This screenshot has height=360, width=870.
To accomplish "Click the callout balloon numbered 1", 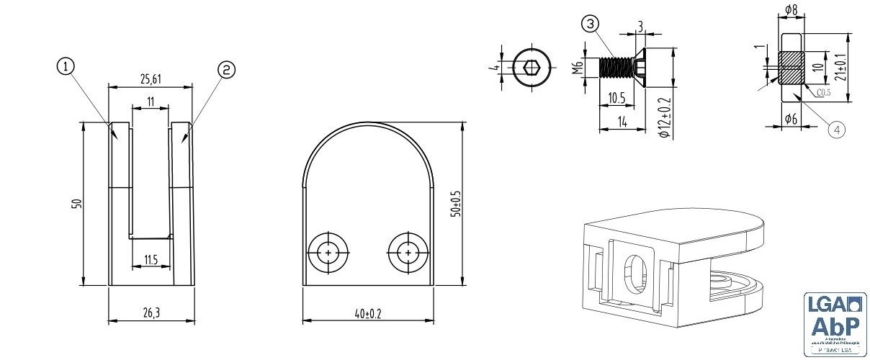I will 66,67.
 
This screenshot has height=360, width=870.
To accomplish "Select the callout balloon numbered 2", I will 225,69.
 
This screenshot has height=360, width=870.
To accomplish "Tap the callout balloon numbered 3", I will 590,24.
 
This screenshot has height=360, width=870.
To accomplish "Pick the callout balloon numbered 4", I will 836,129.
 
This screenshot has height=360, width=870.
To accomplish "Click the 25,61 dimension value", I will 150,78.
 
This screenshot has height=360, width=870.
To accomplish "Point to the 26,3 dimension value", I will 151,312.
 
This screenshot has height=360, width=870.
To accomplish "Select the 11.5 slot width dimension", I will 151,260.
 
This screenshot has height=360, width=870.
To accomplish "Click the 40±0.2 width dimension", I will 367,313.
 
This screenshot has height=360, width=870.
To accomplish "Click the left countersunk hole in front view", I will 328,253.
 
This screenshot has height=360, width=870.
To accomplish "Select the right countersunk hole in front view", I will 408,253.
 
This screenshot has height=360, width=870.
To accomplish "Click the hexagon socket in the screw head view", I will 532,68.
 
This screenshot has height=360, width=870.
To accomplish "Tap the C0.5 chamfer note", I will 825,93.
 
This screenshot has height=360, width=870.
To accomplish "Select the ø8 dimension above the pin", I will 790,11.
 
